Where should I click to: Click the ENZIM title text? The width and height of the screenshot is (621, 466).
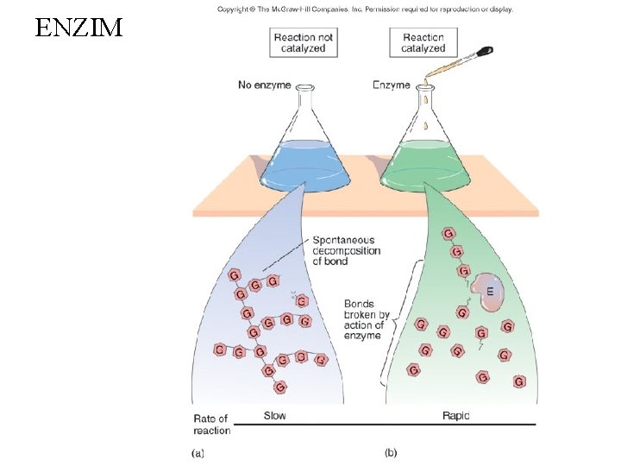(x=79, y=28)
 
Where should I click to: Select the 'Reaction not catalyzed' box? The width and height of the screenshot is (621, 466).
(x=303, y=42)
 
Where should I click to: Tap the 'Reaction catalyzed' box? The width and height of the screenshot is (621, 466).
(x=423, y=42)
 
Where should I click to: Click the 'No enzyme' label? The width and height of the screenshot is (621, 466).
(x=265, y=85)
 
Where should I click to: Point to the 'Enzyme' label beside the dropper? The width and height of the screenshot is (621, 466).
(x=391, y=85)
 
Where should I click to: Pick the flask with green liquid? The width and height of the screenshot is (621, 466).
(x=424, y=155)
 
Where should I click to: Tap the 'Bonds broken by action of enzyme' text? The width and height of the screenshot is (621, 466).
(x=366, y=319)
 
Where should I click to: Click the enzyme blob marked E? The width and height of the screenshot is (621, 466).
(x=489, y=293)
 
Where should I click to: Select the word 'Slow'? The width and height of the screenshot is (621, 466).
(x=274, y=416)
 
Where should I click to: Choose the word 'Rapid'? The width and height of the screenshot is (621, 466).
(x=455, y=416)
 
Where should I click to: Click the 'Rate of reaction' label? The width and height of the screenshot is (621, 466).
(x=211, y=425)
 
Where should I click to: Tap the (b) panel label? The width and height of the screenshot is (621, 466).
(x=391, y=451)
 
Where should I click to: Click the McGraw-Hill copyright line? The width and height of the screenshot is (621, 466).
(x=365, y=9)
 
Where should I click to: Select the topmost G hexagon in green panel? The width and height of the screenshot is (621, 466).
(x=449, y=234)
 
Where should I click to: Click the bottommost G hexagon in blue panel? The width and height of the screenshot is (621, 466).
(x=279, y=387)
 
